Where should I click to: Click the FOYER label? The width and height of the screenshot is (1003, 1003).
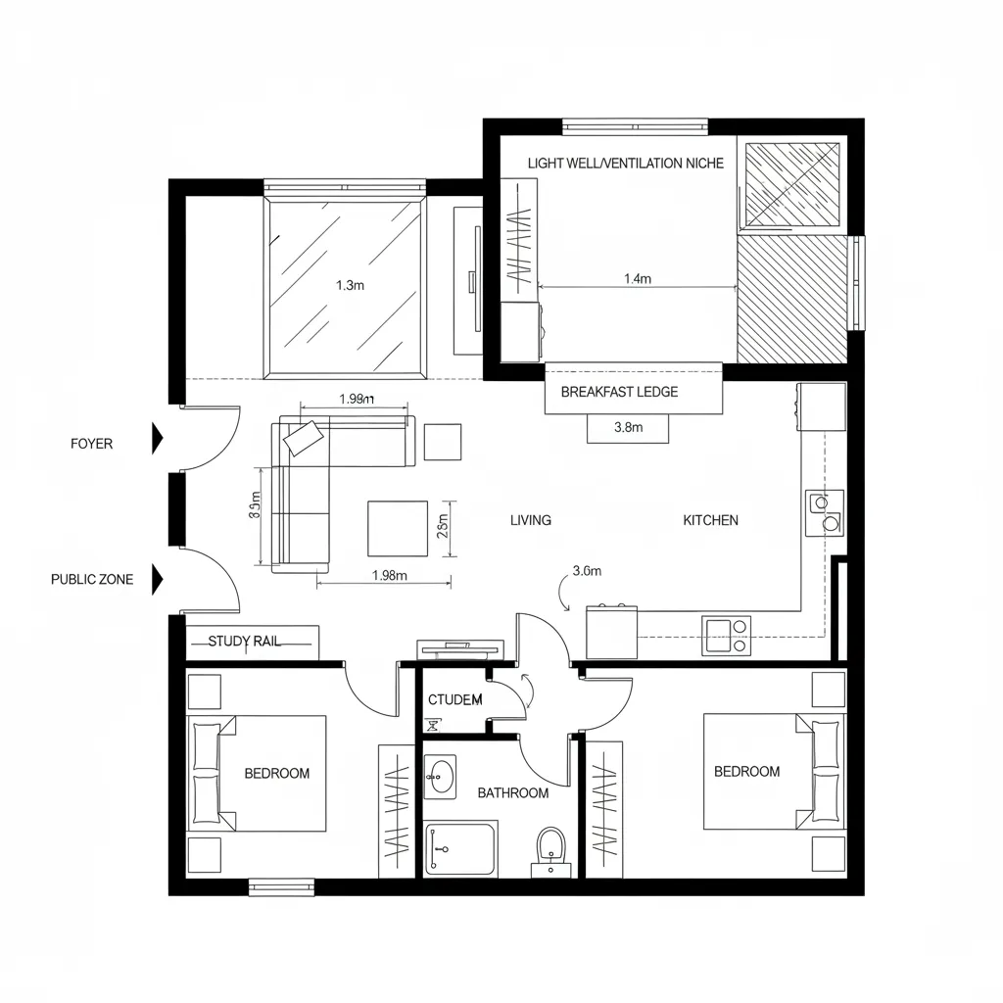click(91, 444)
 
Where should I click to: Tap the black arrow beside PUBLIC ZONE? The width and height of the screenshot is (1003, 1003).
click(156, 580)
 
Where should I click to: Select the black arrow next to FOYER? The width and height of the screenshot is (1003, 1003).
click(156, 439)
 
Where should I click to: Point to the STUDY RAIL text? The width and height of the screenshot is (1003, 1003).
click(244, 642)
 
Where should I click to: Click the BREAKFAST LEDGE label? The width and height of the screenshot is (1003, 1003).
click(619, 392)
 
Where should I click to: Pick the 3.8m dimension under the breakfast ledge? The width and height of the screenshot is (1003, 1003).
click(627, 427)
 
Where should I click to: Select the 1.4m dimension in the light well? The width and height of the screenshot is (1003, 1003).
click(637, 278)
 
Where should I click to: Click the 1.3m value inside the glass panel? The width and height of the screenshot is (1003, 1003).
click(350, 286)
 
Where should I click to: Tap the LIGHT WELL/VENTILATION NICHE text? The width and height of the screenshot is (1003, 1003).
click(625, 163)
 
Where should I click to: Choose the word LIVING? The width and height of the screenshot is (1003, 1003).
click(530, 520)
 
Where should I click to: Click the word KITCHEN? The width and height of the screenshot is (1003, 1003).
click(710, 520)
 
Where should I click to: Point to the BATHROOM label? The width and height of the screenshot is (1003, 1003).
click(512, 792)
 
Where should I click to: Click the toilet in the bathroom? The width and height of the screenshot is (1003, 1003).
click(550, 848)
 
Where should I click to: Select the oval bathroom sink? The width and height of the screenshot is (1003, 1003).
click(442, 776)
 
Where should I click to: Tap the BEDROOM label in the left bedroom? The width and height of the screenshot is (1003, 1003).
click(276, 773)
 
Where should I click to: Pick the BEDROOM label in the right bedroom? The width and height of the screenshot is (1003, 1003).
click(746, 771)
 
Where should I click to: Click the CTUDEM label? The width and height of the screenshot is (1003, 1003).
click(455, 699)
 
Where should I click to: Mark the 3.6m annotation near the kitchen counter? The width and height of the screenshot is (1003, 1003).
click(586, 571)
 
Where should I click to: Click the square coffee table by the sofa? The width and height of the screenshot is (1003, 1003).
click(397, 528)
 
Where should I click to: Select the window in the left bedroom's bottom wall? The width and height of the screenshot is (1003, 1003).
click(281, 887)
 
